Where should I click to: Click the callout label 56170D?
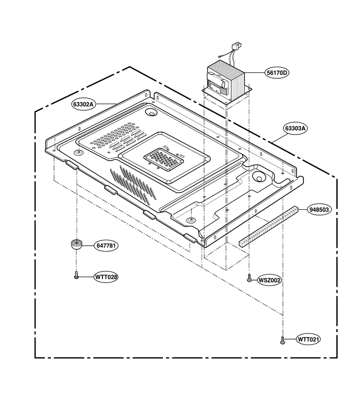point(277,73)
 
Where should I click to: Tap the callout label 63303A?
point(296,128)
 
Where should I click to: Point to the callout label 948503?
point(319,209)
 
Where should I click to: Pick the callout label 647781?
point(106,246)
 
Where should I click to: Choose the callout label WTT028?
point(106,277)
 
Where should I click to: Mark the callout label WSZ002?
point(270,280)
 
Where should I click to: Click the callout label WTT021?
point(308,339)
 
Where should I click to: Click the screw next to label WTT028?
point(76,275)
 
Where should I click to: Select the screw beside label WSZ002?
point(249,278)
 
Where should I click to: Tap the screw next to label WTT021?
point(283,340)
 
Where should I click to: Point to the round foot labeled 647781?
point(76,244)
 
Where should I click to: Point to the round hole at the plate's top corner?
point(151,112)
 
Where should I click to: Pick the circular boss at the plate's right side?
point(259,177)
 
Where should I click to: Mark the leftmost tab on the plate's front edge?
point(72,165)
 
